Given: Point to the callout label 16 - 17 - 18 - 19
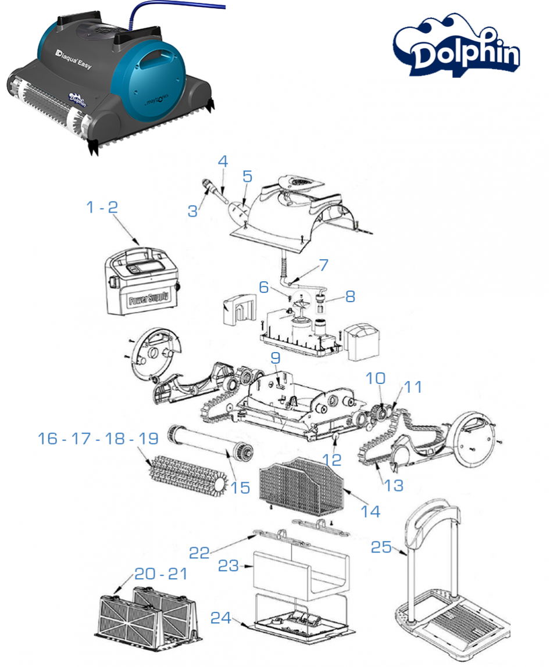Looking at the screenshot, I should point(98,439).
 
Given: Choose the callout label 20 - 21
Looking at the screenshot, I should point(161,573).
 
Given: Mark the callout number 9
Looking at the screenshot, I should point(275,358).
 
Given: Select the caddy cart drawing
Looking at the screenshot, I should point(448,587).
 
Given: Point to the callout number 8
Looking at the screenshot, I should point(349,296).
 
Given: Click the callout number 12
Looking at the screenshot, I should point(333,459).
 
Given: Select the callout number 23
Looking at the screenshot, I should point(228,565).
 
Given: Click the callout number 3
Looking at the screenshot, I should point(192,211).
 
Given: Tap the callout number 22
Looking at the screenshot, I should point(199,551).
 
